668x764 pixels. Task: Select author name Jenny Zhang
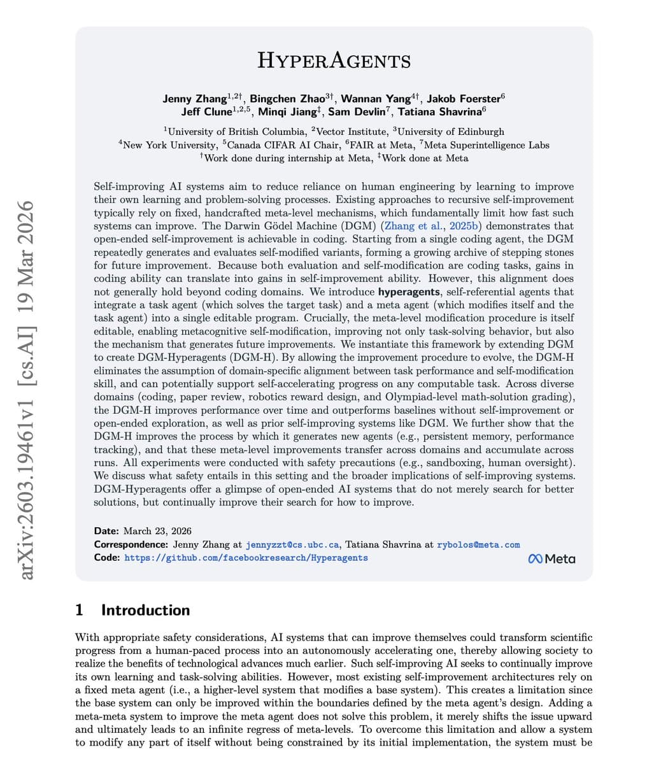tap(194, 99)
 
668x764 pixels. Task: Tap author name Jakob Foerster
tap(463, 99)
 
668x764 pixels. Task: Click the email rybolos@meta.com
tap(478, 545)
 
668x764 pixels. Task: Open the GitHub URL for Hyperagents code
tap(246, 558)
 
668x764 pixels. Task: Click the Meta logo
tap(551, 559)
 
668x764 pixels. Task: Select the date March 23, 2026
tap(157, 531)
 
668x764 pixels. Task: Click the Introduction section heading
tap(145, 610)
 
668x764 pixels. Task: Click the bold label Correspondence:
tap(131, 545)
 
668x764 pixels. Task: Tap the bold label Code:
tap(106, 558)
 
